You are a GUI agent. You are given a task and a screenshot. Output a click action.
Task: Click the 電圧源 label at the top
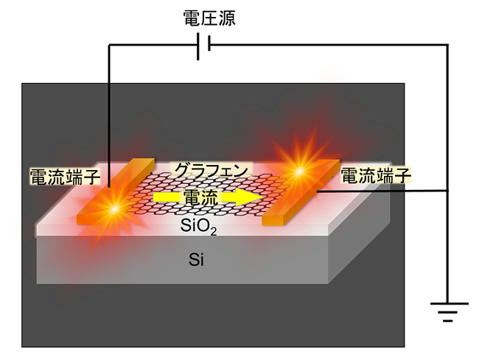(209, 18)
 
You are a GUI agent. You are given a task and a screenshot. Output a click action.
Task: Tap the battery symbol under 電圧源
(203, 46)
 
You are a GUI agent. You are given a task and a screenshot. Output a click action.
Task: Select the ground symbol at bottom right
(448, 312)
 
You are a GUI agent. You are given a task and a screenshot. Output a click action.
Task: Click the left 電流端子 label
(65, 176)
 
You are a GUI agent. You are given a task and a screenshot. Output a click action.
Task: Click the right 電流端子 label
(376, 175)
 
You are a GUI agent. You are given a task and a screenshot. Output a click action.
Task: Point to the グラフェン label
(211, 170)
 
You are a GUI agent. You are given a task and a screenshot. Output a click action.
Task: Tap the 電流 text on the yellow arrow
(200, 198)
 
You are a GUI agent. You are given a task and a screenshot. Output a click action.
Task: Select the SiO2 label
(198, 227)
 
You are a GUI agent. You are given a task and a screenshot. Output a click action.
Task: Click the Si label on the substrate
(197, 260)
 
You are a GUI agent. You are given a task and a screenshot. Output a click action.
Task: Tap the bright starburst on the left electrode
(115, 209)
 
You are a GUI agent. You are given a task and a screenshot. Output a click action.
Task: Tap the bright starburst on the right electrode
(300, 171)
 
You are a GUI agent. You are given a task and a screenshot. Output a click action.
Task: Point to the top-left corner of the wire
(109, 45)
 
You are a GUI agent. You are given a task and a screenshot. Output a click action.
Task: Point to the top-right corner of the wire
(448, 45)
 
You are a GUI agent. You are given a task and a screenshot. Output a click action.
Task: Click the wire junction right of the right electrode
(448, 191)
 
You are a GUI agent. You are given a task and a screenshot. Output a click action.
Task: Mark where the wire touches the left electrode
(109, 186)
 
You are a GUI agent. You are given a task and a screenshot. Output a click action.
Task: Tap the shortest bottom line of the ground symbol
(448, 321)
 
